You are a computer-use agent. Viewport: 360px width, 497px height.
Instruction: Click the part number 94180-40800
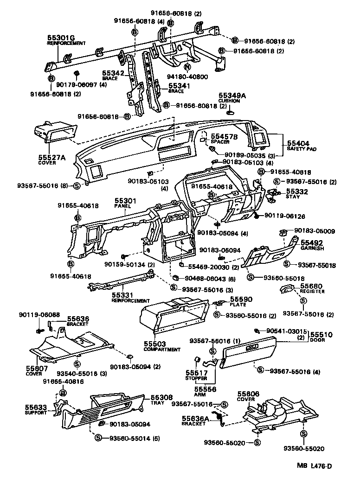click(x=187, y=77)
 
